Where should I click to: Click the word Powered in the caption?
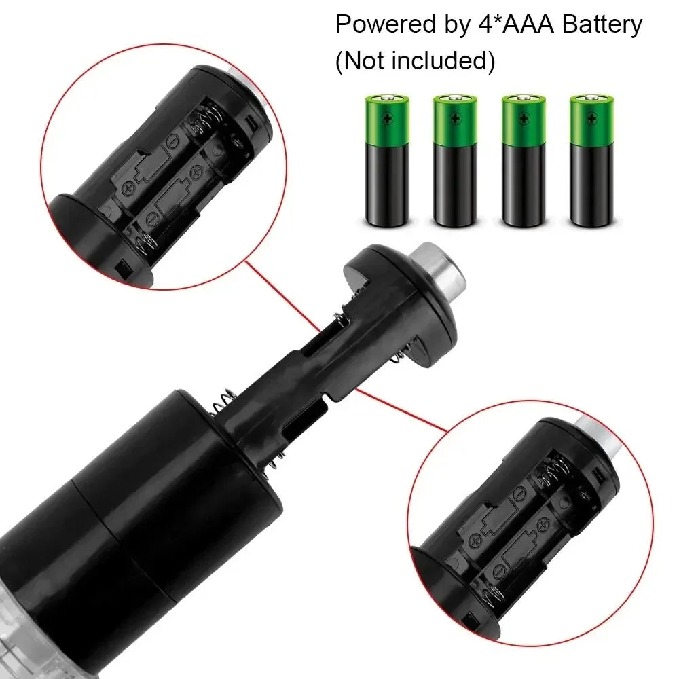[x=382, y=25]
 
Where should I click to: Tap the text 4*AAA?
[x=497, y=25]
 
